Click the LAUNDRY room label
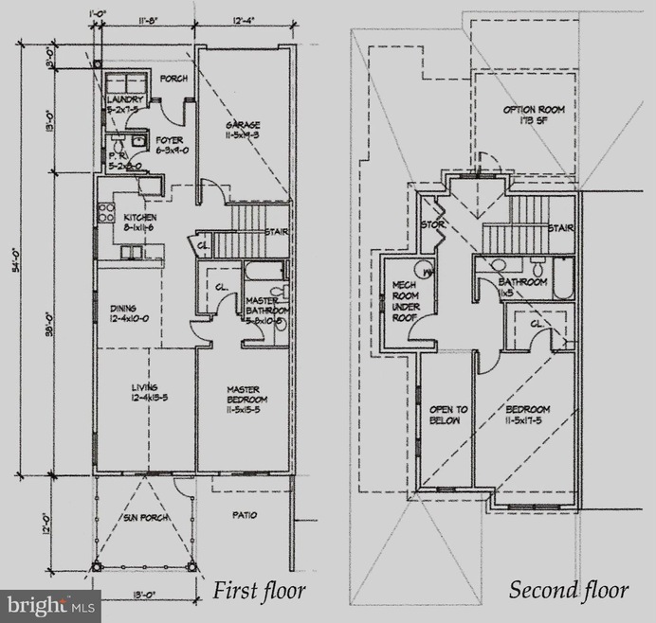124,99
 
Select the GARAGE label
243,125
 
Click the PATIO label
246,515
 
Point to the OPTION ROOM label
534,111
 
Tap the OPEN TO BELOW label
445,415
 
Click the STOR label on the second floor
432,224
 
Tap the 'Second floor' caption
569,591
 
